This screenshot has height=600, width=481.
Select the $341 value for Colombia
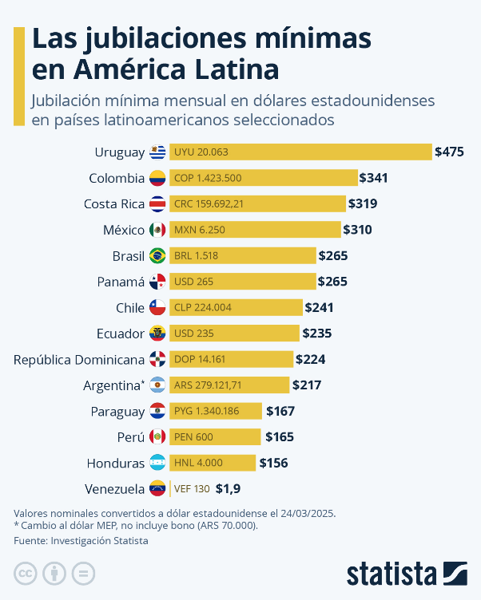click(374, 178)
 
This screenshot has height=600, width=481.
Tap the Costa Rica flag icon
click(157, 203)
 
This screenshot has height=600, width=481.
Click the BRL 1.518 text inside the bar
click(196, 256)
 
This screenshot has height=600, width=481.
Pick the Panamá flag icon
click(157, 282)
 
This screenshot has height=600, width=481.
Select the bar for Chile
click(236, 307)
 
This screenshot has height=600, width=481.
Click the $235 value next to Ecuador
click(316, 334)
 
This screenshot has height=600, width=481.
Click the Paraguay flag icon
click(157, 411)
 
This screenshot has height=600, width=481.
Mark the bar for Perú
click(215, 436)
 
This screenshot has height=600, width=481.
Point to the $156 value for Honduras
click(273, 463)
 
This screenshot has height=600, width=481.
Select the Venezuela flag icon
click(157, 488)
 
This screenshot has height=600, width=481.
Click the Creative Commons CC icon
click(26, 573)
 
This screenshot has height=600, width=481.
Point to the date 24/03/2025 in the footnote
click(304, 512)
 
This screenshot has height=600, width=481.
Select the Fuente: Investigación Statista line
click(81, 540)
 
